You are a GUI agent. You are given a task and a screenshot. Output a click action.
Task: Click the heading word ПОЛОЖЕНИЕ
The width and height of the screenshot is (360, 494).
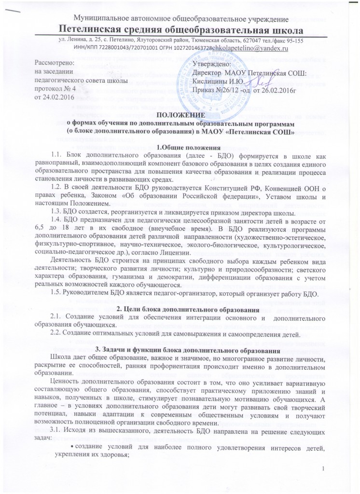click(180, 101)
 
